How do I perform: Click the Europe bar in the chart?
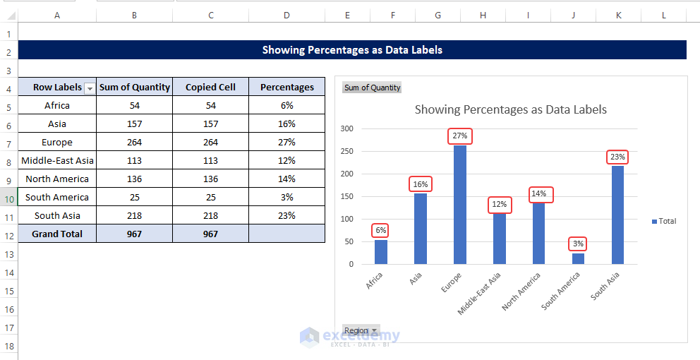(460, 205)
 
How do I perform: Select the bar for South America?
(578, 258)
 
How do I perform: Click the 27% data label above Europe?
(459, 136)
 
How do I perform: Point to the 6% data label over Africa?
(381, 230)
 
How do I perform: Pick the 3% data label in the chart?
(578, 244)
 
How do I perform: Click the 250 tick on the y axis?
(346, 151)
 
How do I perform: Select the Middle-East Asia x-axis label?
(480, 293)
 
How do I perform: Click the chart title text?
(510, 109)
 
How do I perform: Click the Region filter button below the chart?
(361, 330)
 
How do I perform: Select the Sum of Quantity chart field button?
(372, 88)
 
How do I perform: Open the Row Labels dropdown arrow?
(90, 88)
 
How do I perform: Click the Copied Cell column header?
(210, 87)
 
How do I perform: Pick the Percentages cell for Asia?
(286, 124)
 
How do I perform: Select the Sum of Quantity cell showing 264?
(134, 142)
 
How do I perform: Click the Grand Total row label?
(57, 234)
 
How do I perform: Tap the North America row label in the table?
(57, 179)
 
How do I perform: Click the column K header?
(618, 14)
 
